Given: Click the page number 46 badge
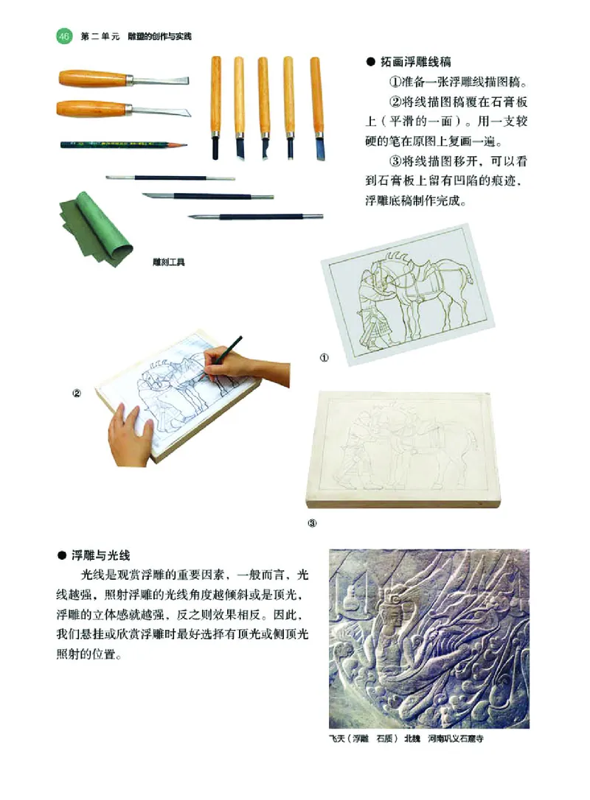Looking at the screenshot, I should click(x=63, y=35).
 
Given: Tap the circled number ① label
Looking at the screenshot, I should click(x=324, y=359).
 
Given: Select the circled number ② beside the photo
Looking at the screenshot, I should click(x=76, y=393).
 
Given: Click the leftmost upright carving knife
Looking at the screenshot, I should click(x=216, y=108).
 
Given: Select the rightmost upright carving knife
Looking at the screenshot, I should click(x=317, y=108).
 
